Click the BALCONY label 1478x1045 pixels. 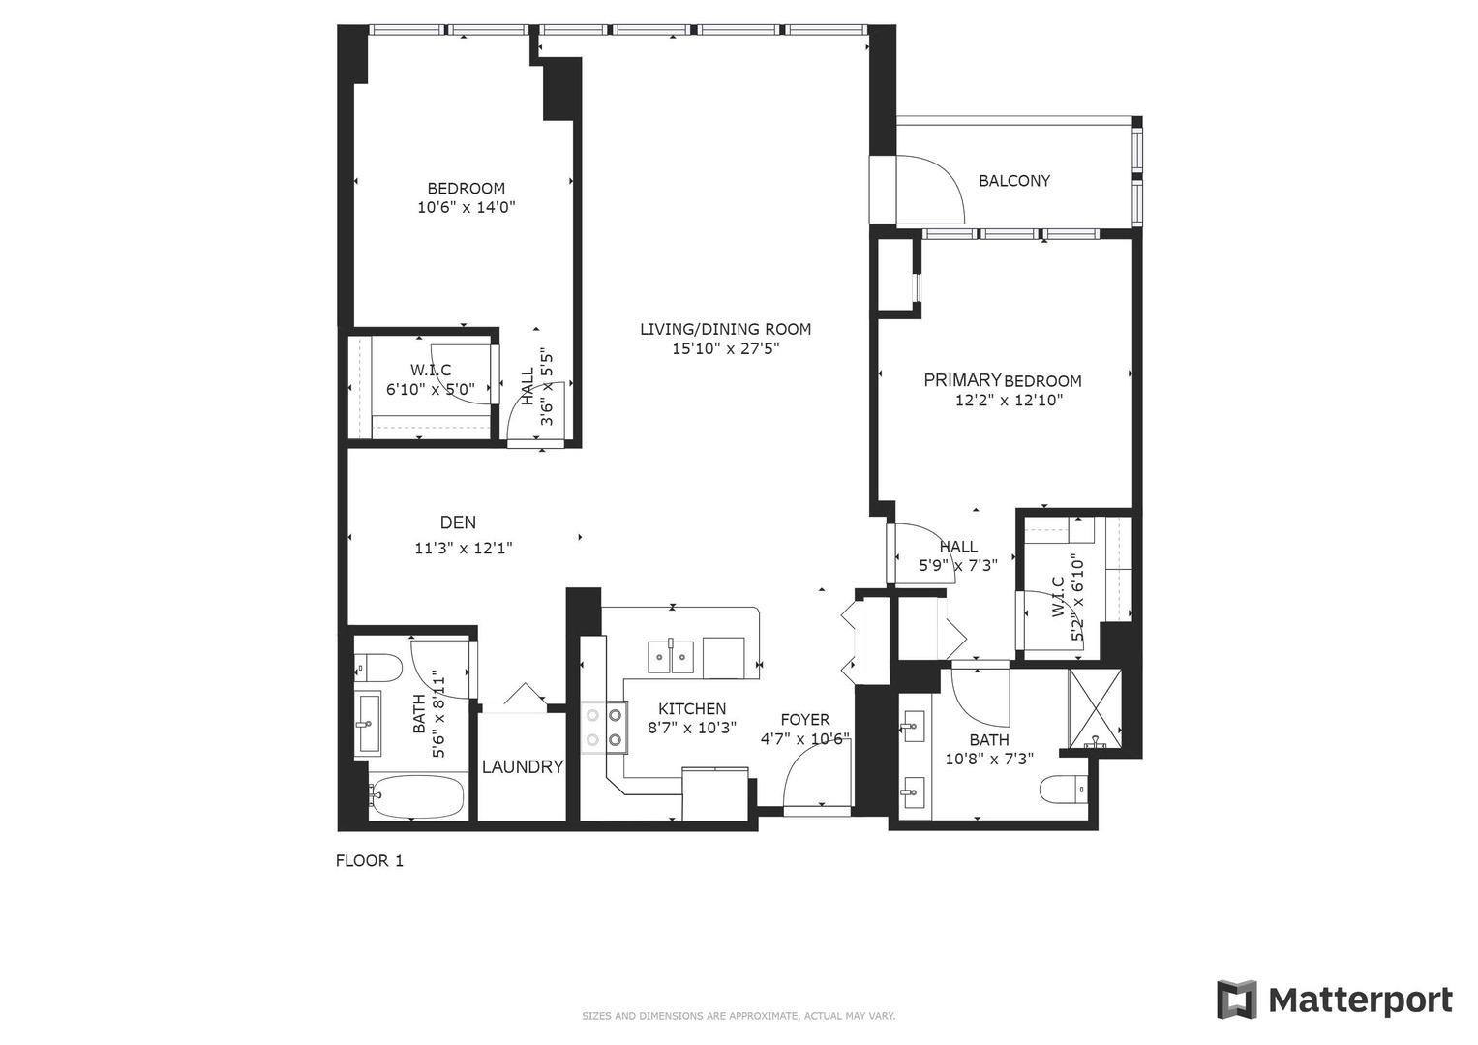[1013, 181]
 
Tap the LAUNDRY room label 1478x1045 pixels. [523, 767]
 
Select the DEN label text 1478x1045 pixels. [458, 522]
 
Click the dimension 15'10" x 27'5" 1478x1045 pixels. [725, 349]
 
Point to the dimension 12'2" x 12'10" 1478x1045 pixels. [1009, 401]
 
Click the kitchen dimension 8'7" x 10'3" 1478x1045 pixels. [692, 728]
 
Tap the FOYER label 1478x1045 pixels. [805, 720]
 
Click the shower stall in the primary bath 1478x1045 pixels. [1095, 709]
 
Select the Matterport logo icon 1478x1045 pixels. [1236, 1000]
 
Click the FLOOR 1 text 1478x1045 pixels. [369, 861]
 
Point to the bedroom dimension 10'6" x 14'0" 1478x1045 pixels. [466, 207]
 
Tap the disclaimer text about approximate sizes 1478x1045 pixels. [738, 1016]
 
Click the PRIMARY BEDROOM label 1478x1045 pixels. [1002, 380]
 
